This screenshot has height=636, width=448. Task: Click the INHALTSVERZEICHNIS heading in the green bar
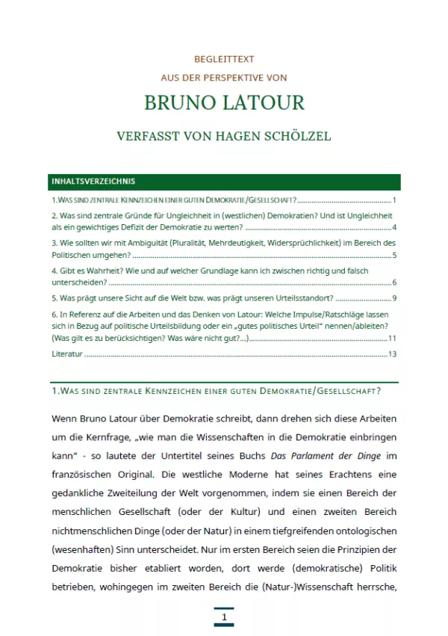(93, 182)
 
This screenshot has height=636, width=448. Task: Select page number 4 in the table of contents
(393, 227)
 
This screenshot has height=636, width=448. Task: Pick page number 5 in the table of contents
(393, 255)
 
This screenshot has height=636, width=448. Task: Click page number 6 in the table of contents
(393, 283)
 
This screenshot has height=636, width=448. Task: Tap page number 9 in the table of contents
(393, 299)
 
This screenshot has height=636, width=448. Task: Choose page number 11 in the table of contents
(392, 338)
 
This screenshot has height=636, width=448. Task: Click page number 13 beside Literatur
(392, 354)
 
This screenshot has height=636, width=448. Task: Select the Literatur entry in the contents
(66, 354)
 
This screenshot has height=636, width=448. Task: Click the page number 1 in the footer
(223, 617)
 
